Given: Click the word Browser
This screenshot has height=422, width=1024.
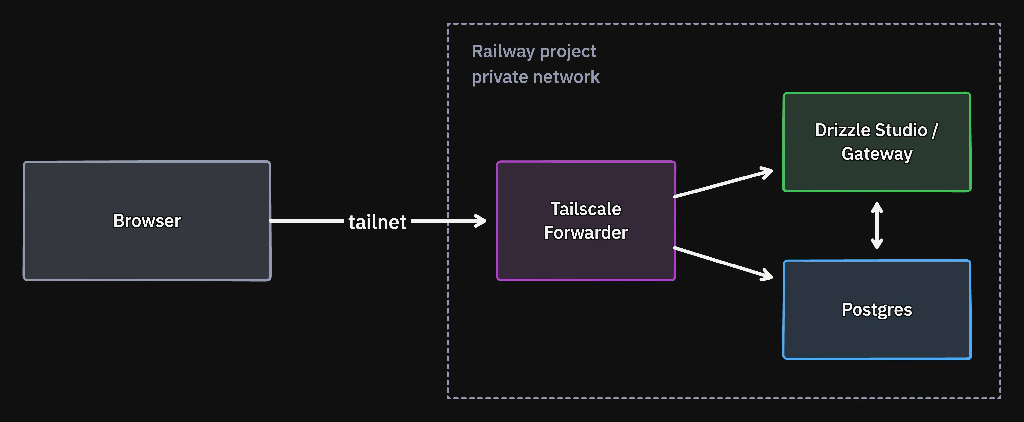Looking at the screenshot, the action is pos(147,221).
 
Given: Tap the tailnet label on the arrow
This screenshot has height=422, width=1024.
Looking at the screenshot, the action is pos(377,222).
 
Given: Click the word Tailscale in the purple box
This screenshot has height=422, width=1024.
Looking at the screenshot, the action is pos(585,209).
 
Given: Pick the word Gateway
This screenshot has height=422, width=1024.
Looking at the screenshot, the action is pos(877,154).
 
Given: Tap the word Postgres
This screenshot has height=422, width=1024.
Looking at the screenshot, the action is pos(877,310).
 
